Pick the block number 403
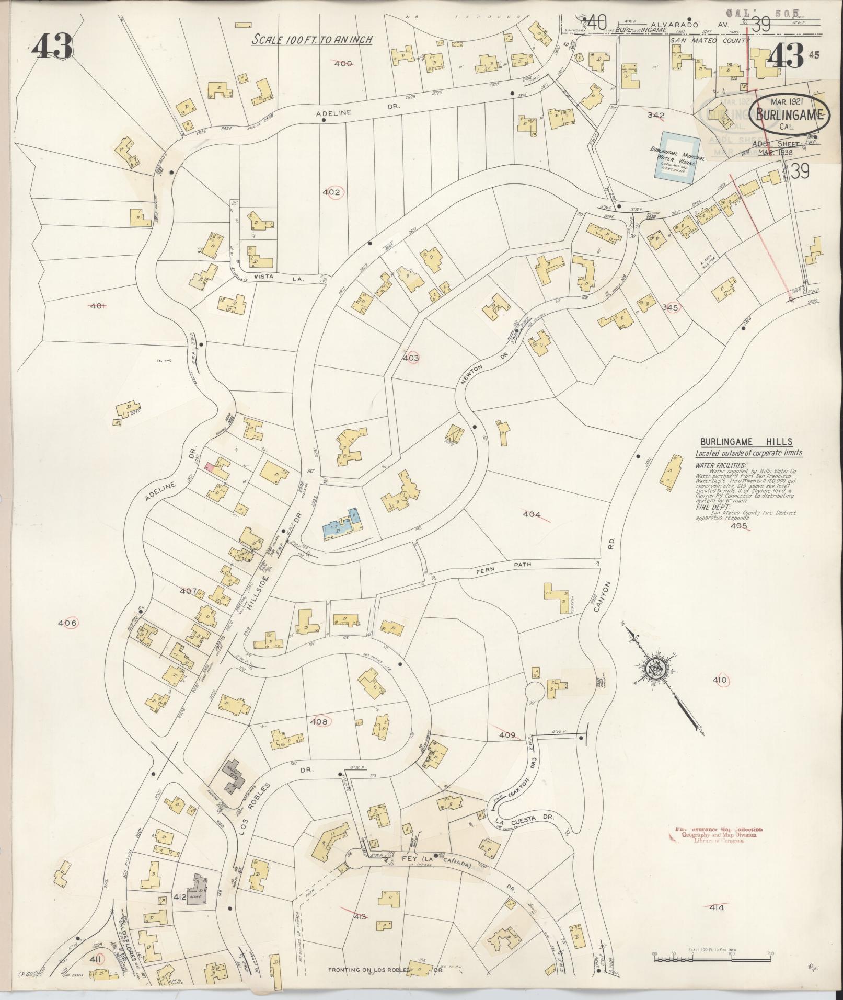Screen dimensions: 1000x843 click(411, 358)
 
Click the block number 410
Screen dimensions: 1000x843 click(720, 680)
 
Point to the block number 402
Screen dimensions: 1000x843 click(331, 192)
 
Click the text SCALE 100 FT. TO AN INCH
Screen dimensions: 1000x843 click(312, 40)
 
